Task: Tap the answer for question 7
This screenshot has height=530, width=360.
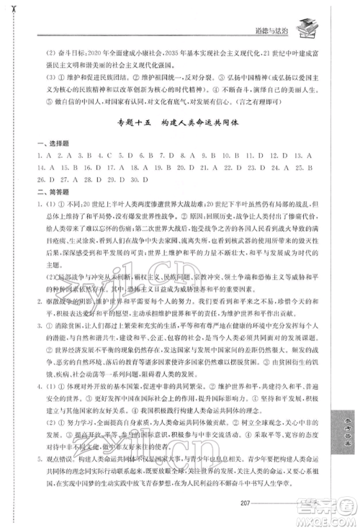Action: point(151,156)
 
